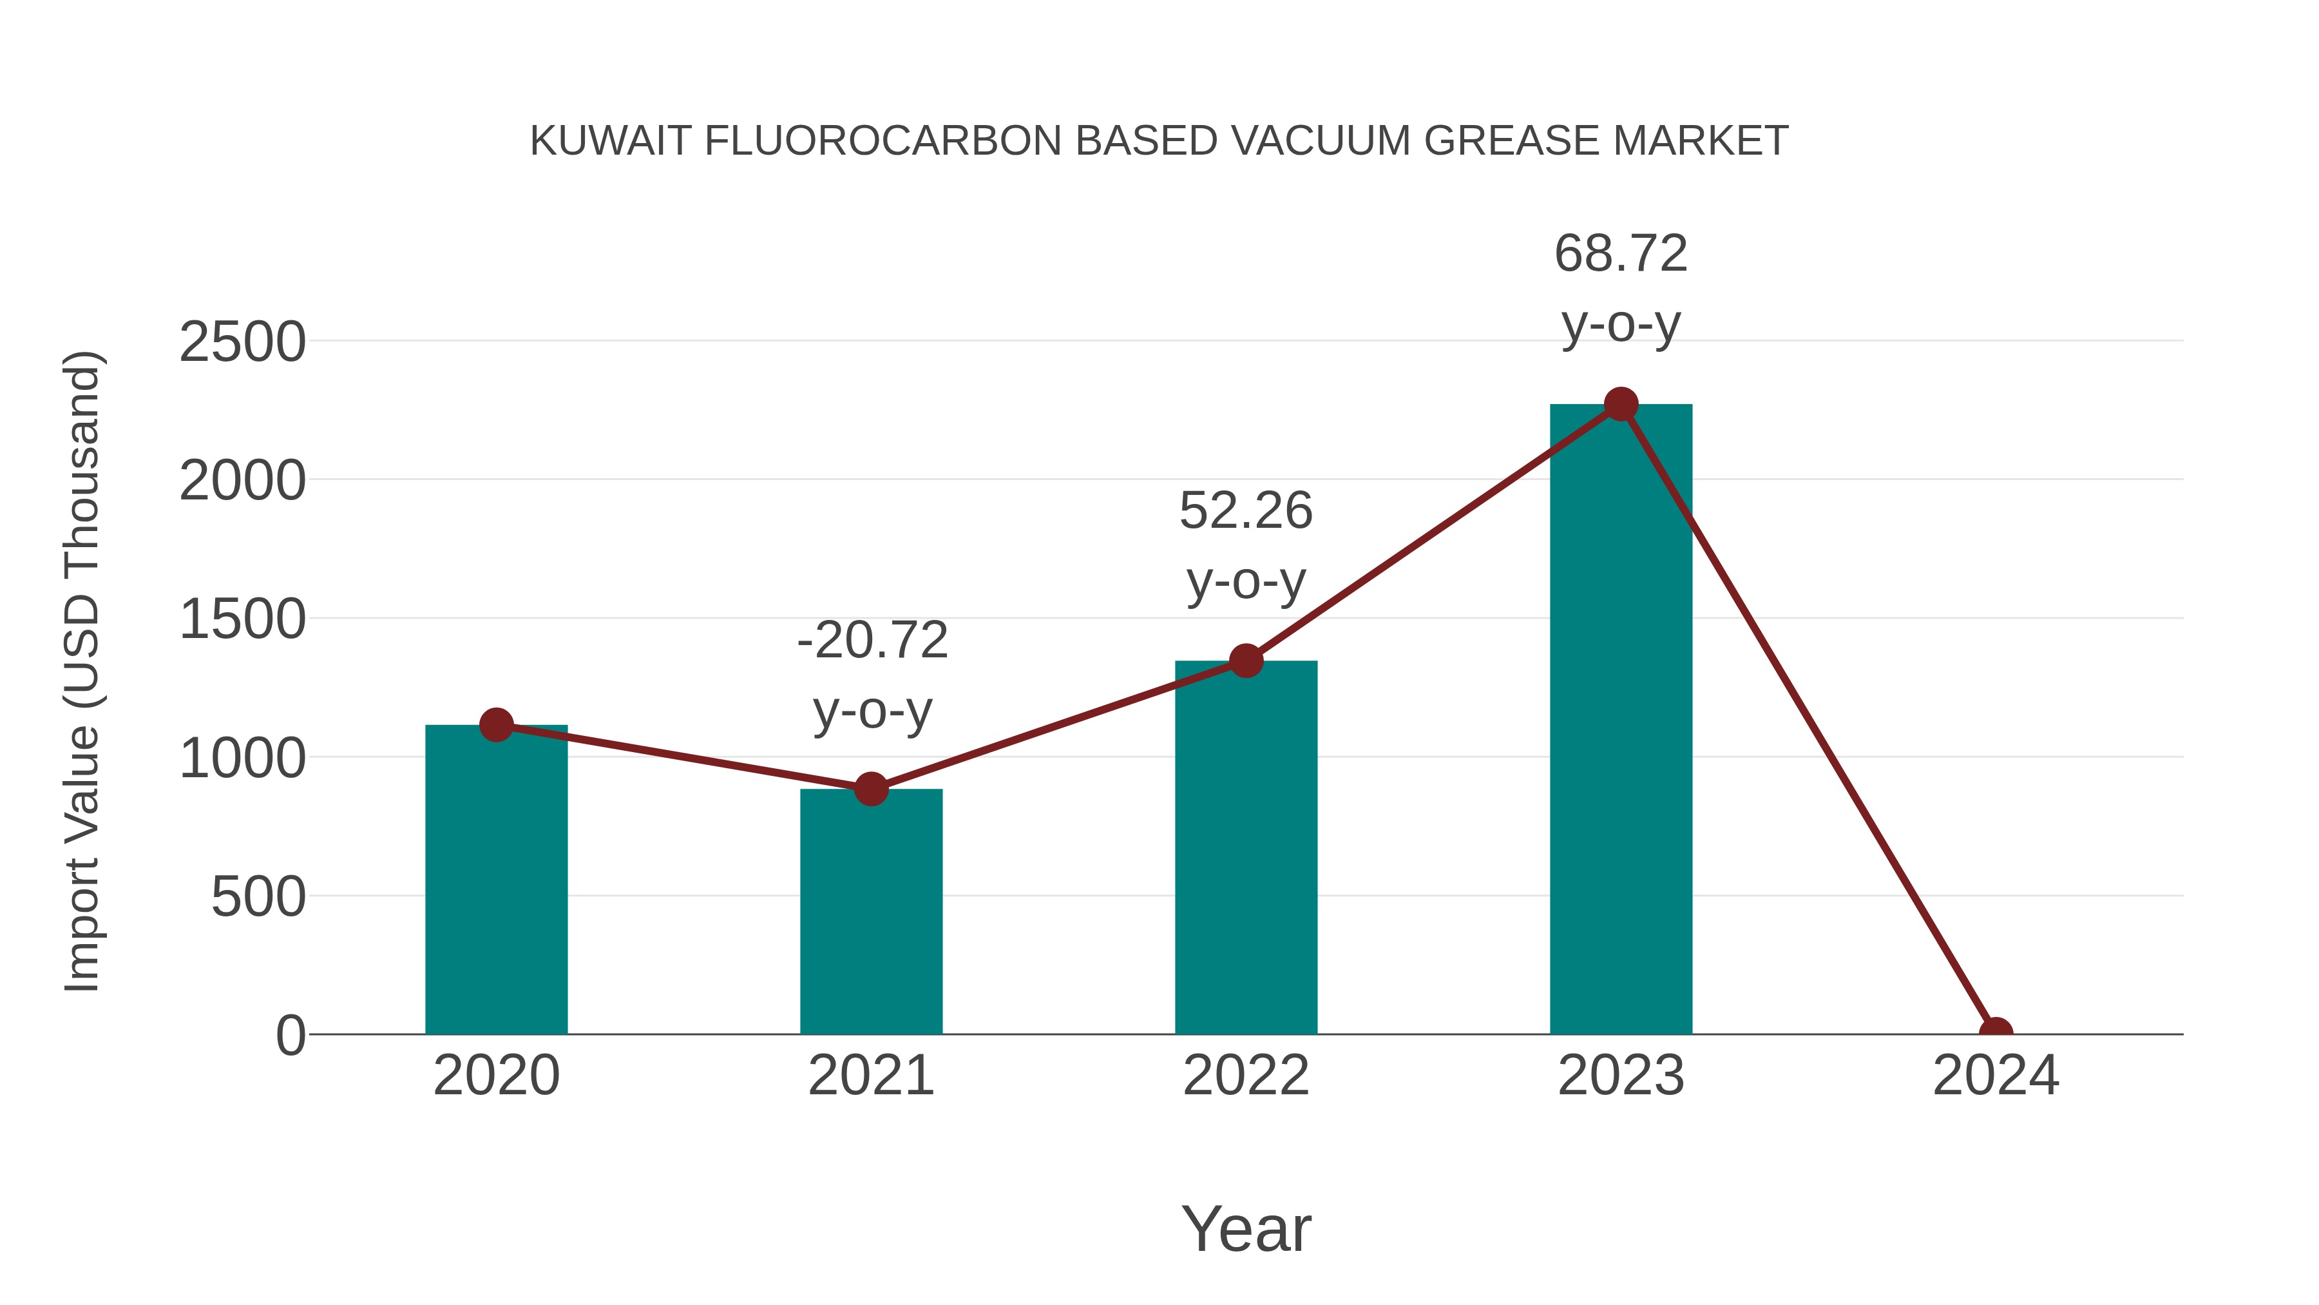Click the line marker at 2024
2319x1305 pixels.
pyautogui.click(x=1996, y=1032)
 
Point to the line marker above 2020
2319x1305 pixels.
pyautogui.click(x=496, y=724)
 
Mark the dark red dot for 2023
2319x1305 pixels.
pyautogui.click(x=1621, y=404)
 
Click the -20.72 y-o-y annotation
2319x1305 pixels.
pyautogui.click(x=872, y=675)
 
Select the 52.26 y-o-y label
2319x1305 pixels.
pyautogui.click(x=1246, y=545)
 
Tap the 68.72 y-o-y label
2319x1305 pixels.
pyautogui.click(x=1621, y=287)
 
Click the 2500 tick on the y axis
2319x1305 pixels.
pyautogui.click(x=242, y=342)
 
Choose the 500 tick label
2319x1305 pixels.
pyautogui.click(x=258, y=897)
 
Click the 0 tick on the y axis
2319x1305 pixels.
pyautogui.click(x=290, y=1036)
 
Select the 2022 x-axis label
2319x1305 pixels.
pyautogui.click(x=1246, y=1076)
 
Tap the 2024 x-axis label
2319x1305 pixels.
pyautogui.click(x=1996, y=1076)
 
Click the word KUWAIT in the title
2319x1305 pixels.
pyautogui.click(x=611, y=141)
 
